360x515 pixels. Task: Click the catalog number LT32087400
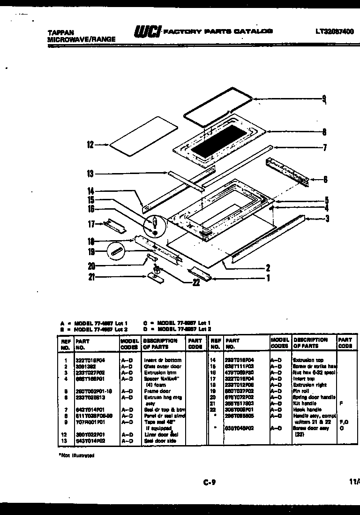(335, 32)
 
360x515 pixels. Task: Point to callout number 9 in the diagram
(323, 99)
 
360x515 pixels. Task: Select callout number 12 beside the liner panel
(90, 145)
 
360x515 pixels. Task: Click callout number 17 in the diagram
(91, 224)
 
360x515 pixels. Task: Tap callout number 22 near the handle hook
(196, 282)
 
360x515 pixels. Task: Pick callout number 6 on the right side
(325, 179)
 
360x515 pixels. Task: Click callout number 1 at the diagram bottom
(268, 278)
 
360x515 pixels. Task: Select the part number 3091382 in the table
(86, 366)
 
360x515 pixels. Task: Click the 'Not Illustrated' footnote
(76, 455)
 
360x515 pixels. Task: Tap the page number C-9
(209, 481)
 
